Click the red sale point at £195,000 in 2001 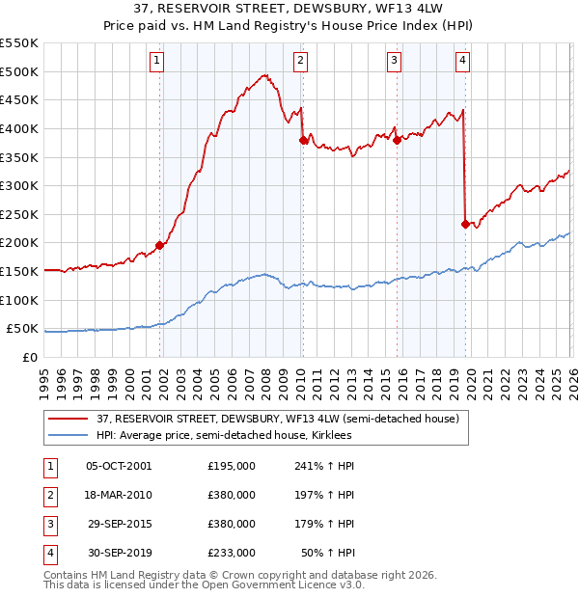pyautogui.click(x=159, y=245)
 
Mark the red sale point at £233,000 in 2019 pyautogui.click(x=465, y=224)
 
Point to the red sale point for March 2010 pyautogui.click(x=303, y=140)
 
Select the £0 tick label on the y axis pyautogui.click(x=30, y=357)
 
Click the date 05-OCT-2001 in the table pyautogui.click(x=119, y=466)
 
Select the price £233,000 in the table pyautogui.click(x=232, y=553)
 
